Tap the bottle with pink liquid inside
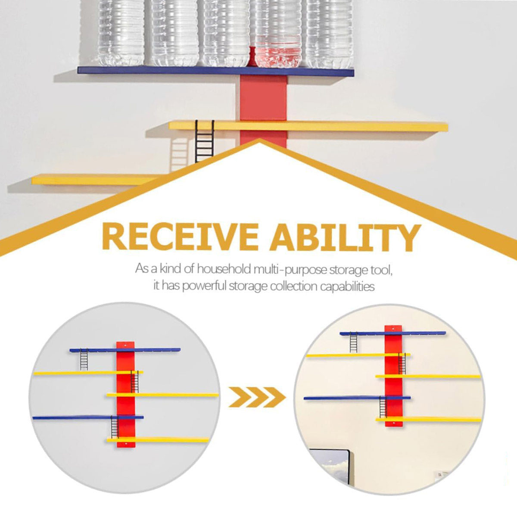[x=278, y=34]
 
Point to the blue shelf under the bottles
[x=216, y=71]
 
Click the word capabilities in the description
[x=347, y=287]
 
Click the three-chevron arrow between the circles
[x=257, y=397]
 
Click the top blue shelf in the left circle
[x=125, y=350]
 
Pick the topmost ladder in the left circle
[x=84, y=360]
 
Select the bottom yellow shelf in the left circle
[x=158, y=440]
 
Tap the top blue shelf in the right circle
[x=393, y=333]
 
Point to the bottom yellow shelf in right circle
[x=428, y=420]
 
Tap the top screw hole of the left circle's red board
[x=125, y=345]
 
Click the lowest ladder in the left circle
[x=115, y=427]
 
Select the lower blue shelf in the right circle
[x=357, y=398]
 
